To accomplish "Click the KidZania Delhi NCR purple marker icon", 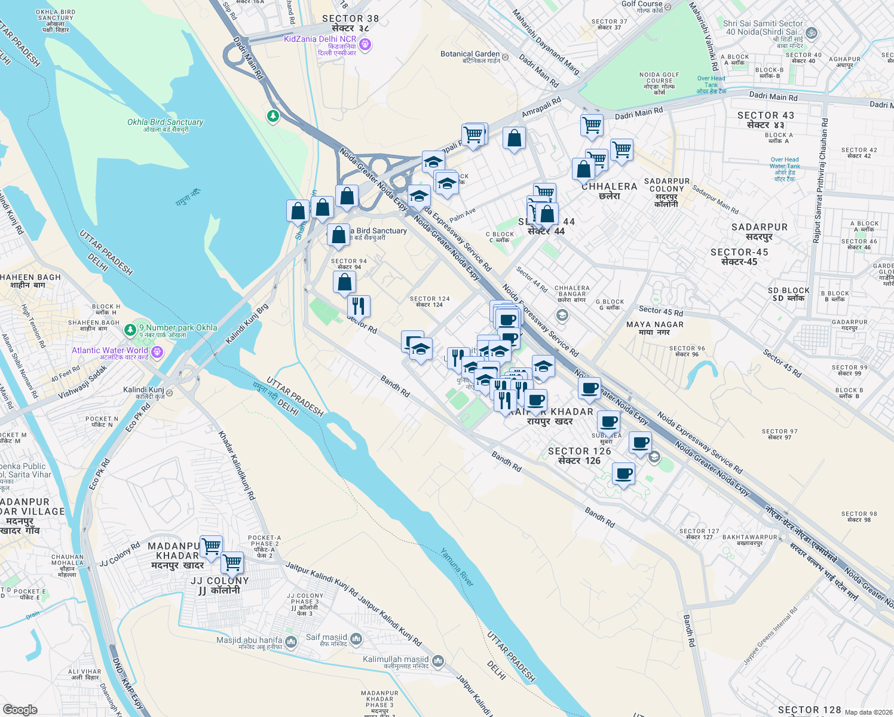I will [366, 44].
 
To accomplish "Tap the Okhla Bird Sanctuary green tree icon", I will [273, 115].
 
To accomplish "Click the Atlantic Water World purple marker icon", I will [157, 352].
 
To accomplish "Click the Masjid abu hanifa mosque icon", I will [291, 642].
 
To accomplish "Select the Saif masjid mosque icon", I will [356, 639].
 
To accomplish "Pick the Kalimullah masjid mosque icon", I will [438, 661].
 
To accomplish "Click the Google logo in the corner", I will [20, 709].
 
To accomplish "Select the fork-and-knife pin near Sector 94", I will [359, 306].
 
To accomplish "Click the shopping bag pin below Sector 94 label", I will [344, 282].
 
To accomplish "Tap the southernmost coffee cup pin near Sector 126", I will [623, 474].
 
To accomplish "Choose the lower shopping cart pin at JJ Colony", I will [232, 562].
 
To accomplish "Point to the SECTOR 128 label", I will [809, 709].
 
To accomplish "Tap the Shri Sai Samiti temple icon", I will [812, 34].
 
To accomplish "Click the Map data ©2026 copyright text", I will [868, 712].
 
